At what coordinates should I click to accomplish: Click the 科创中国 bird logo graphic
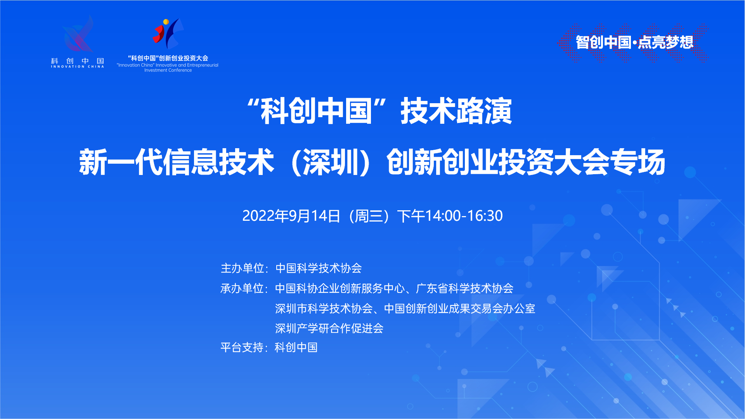(78, 34)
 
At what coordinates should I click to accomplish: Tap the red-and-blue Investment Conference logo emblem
(168, 34)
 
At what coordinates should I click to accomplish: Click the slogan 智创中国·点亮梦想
(634, 42)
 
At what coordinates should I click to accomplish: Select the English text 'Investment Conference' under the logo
(168, 70)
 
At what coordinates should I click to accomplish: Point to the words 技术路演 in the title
(456, 111)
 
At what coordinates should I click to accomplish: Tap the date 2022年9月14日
(291, 216)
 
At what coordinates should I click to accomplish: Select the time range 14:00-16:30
(464, 216)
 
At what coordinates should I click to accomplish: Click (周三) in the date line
(369, 216)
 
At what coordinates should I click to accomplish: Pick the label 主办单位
(242, 268)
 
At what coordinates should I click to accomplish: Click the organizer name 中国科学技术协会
(319, 268)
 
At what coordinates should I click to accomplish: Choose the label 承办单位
(242, 288)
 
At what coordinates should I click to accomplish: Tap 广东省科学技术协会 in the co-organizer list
(465, 288)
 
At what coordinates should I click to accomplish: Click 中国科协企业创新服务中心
(340, 288)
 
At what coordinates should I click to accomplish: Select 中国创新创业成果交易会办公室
(460, 308)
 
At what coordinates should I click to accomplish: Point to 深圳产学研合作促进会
(329, 328)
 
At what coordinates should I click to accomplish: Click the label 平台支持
(242, 347)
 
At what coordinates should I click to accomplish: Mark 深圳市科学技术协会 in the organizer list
(324, 308)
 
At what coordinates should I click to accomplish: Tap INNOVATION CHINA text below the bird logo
(78, 67)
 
